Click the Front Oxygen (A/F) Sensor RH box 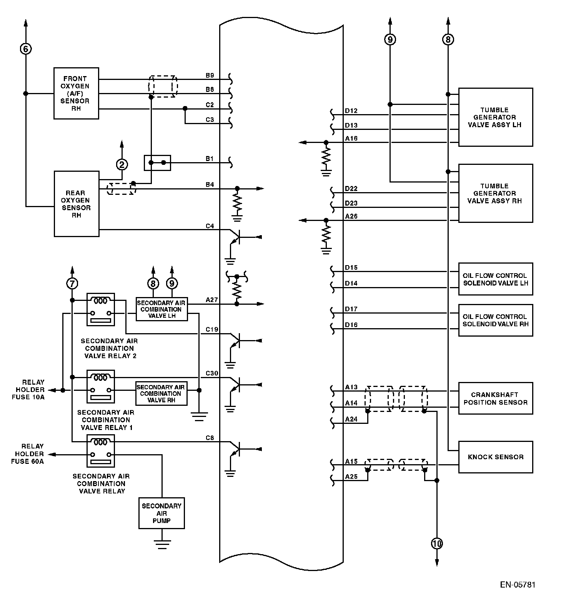point(76,93)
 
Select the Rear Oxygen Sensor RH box point(77,204)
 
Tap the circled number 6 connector point(25,49)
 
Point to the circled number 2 point(122,164)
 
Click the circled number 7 point(72,284)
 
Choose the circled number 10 point(437,543)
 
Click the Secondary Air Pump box point(161,513)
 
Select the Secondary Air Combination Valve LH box point(161,309)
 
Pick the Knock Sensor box point(495,457)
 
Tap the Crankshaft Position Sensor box point(495,398)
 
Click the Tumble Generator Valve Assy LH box point(495,117)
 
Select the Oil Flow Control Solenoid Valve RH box point(495,320)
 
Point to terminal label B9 point(210,75)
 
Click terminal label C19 point(212,329)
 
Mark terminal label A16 point(351,138)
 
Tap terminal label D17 point(351,309)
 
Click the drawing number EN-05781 point(518,585)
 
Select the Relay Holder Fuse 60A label point(28,454)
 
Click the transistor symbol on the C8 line point(235,449)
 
